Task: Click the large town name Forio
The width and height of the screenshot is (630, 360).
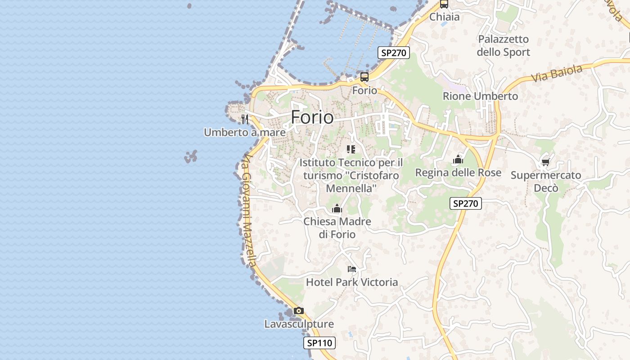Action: pyautogui.click(x=312, y=117)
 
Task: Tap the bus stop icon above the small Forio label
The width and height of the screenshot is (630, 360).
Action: pyautogui.click(x=364, y=76)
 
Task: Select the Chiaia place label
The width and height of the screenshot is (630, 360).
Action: pyautogui.click(x=445, y=17)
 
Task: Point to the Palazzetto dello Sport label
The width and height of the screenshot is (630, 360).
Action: pyautogui.click(x=504, y=45)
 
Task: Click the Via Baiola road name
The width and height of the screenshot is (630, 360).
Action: pyautogui.click(x=557, y=73)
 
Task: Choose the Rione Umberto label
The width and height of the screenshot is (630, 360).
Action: pyautogui.click(x=480, y=96)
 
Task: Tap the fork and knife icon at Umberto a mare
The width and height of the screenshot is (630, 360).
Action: pyautogui.click(x=245, y=119)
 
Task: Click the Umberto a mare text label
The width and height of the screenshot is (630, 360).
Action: pyautogui.click(x=245, y=132)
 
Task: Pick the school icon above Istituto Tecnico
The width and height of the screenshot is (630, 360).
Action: pyautogui.click(x=351, y=149)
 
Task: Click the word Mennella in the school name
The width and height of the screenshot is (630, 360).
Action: pyautogui.click(x=351, y=188)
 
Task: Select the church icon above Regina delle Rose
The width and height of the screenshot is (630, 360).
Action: pyautogui.click(x=458, y=159)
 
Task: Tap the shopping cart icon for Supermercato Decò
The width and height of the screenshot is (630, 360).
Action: pyautogui.click(x=546, y=162)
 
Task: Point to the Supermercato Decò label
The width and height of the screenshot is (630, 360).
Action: pyautogui.click(x=546, y=181)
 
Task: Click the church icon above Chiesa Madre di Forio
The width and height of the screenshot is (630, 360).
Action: pyautogui.click(x=337, y=208)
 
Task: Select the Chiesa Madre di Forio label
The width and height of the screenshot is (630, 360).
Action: pyautogui.click(x=337, y=228)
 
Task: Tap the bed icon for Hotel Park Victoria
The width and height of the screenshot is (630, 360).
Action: pyautogui.click(x=352, y=269)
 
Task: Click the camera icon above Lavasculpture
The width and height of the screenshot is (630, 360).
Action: pyautogui.click(x=298, y=310)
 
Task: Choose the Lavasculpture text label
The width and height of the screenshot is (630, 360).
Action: pyautogui.click(x=299, y=324)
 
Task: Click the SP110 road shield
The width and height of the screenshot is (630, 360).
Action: pyautogui.click(x=319, y=343)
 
